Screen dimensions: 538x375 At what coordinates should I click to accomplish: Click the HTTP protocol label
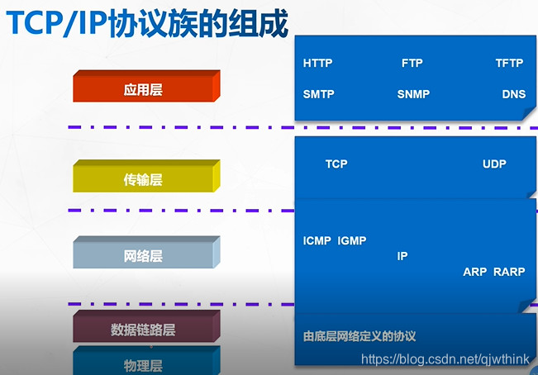[317, 64]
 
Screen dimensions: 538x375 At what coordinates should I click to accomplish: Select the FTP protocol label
[412, 64]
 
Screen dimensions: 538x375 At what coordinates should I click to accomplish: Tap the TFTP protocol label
[509, 64]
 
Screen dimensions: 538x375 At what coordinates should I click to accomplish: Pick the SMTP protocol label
[318, 94]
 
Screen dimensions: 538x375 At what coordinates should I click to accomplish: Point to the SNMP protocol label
[413, 94]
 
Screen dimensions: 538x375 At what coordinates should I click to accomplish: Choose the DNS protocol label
[513, 94]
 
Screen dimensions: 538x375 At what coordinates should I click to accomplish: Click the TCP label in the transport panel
[336, 164]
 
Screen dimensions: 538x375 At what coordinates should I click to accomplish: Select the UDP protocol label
[494, 164]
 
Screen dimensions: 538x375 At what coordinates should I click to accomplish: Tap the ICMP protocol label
[317, 241]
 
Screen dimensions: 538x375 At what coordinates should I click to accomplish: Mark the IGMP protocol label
[352, 241]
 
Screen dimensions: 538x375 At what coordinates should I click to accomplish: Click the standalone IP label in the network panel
[402, 256]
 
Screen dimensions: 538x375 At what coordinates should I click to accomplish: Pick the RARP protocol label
[510, 272]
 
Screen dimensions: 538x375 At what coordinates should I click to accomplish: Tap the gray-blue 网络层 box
[143, 256]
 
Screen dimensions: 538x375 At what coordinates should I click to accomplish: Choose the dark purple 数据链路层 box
[143, 330]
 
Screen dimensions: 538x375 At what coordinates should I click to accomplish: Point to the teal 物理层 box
[143, 364]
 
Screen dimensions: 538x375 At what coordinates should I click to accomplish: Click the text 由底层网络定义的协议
[359, 336]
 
